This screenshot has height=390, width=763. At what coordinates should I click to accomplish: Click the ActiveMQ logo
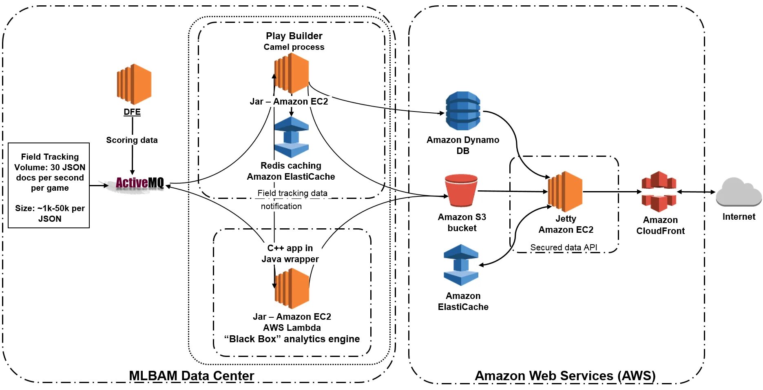coord(139,183)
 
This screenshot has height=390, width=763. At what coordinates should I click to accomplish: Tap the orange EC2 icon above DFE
coord(134,84)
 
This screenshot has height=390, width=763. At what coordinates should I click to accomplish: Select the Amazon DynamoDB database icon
coord(463,111)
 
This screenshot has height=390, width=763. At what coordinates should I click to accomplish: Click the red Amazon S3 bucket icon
coord(461,191)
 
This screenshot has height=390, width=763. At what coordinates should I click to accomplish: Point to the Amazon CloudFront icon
coord(659,192)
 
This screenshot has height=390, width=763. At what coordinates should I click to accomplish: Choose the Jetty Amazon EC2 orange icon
coord(565,192)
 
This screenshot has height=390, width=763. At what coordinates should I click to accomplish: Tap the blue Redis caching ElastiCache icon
coord(291,137)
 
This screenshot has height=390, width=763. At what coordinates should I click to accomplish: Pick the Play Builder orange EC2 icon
coord(292,73)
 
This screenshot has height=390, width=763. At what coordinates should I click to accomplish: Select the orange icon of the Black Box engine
coord(292,288)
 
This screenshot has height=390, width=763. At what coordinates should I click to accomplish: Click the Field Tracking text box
coord(49,185)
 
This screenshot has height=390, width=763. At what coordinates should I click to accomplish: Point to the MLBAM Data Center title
coord(191,375)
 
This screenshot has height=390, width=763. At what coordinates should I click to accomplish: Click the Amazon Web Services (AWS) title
coord(565,375)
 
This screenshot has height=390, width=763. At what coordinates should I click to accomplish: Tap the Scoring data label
coord(132,140)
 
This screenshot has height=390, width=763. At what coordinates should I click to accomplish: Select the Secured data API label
coord(564,247)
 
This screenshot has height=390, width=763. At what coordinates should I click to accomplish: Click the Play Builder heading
coord(294,36)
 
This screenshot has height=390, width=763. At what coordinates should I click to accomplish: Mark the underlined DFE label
coord(132,112)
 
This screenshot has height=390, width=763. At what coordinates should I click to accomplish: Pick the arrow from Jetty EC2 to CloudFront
coord(612,192)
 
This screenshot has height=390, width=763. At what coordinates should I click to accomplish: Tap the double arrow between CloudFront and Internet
coord(696,192)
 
